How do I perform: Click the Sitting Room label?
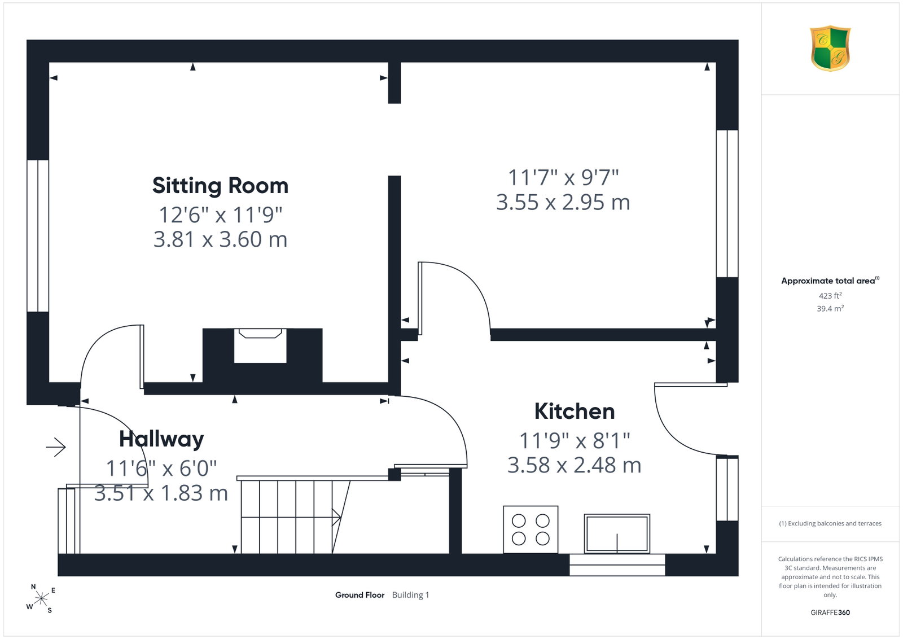[220, 186]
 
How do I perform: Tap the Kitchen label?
[575, 412]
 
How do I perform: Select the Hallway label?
[161, 439]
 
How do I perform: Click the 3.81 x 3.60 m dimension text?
[220, 239]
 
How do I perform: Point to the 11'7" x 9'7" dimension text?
[563, 177]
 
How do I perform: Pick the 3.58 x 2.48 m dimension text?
[574, 465]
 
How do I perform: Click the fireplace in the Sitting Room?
[260, 346]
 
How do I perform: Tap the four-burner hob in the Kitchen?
[531, 529]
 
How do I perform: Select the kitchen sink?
[617, 533]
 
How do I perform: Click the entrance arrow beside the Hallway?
[56, 447]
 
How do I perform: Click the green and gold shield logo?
[830, 49]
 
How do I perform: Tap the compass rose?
[41, 599]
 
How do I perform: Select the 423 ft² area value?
[830, 296]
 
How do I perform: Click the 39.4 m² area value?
[830, 308]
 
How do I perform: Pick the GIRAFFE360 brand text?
[830, 612]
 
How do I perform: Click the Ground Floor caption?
[360, 595]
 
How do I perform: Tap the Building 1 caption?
[410, 595]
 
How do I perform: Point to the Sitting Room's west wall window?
[38, 236]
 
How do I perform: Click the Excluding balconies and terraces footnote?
[830, 523]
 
